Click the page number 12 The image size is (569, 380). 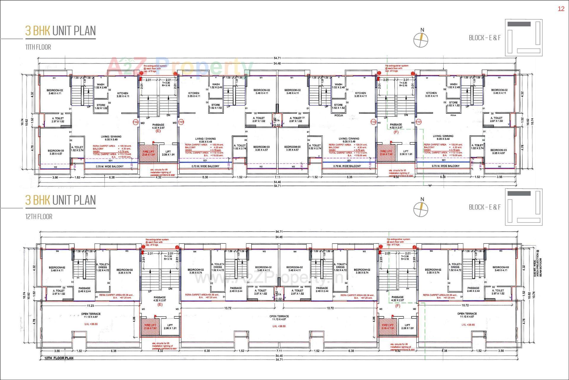click(x=561, y=9)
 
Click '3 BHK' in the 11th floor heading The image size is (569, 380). click(x=37, y=31)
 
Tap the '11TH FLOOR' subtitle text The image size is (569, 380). click(x=38, y=47)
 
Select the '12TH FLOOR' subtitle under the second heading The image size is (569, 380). click(x=39, y=217)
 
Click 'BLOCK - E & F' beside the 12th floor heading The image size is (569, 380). click(x=485, y=207)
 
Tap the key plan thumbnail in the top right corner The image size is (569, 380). click(x=524, y=38)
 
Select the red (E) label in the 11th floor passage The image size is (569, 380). click(x=158, y=131)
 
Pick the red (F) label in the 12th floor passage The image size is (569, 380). click(x=397, y=306)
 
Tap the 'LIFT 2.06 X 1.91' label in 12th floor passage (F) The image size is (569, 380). click(x=407, y=327)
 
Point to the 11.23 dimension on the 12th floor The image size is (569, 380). click(x=90, y=305)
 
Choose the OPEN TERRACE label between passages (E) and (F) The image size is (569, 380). click(x=279, y=318)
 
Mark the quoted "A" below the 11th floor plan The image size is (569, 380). click(x=430, y=186)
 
